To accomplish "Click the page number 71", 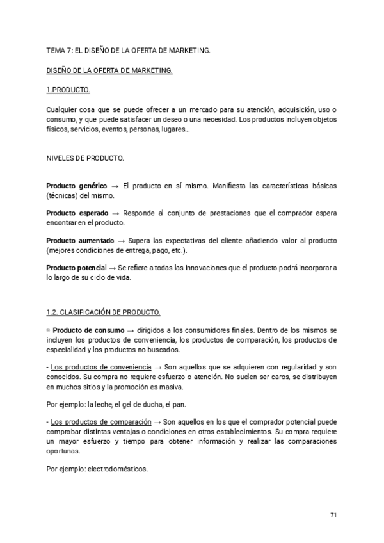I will pyautogui.click(x=333, y=515).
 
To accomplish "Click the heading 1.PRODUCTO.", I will pyautogui.click(x=68, y=89).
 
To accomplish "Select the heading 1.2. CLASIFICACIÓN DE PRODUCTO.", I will pyautogui.click(x=103, y=312).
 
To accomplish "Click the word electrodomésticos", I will pyautogui.click(x=118, y=469).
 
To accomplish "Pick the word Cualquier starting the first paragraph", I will pyautogui.click(x=63, y=110).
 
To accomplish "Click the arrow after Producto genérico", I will pyautogui.click(x=115, y=186).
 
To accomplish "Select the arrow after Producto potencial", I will pyautogui.click(x=113, y=267).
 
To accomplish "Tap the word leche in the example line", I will pyautogui.click(x=104, y=405).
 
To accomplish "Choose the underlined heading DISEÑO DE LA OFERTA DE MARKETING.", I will pyautogui.click(x=109, y=70).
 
